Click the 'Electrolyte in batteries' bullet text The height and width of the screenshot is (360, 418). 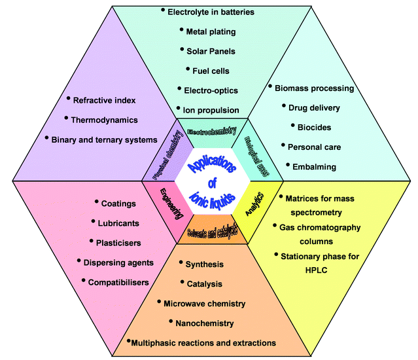click(x=211, y=12)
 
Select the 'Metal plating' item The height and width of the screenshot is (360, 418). click(x=211, y=31)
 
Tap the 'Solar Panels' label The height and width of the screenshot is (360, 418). click(x=211, y=50)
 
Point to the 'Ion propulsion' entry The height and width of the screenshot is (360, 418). click(x=211, y=110)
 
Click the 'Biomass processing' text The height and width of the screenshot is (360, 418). click(x=315, y=88)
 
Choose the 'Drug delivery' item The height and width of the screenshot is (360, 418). click(x=316, y=107)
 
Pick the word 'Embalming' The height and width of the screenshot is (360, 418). click(x=315, y=166)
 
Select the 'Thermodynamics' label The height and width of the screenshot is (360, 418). click(x=105, y=120)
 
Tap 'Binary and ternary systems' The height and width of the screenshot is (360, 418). click(x=105, y=139)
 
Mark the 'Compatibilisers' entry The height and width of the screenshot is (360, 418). click(x=118, y=281)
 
